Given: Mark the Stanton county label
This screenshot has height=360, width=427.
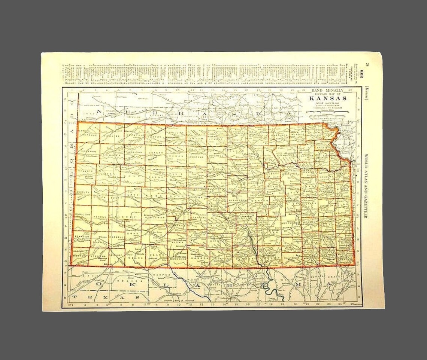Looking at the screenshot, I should pyautogui.click(x=82, y=237).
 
